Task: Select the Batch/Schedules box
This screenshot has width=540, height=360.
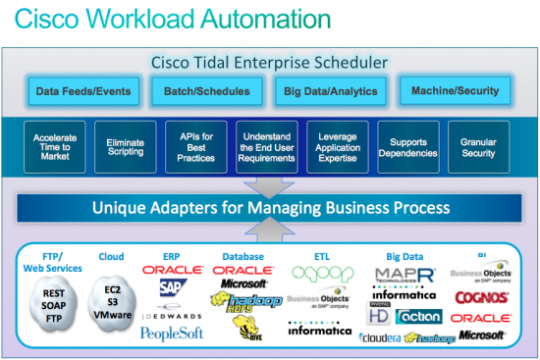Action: pos(199,91)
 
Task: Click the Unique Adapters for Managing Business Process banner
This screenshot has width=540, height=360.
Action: pos(270,207)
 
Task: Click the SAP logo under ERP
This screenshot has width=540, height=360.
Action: pos(173,286)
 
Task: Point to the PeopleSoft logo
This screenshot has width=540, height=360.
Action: pos(173,334)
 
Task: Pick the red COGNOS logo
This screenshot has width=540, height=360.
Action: pos(481,296)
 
